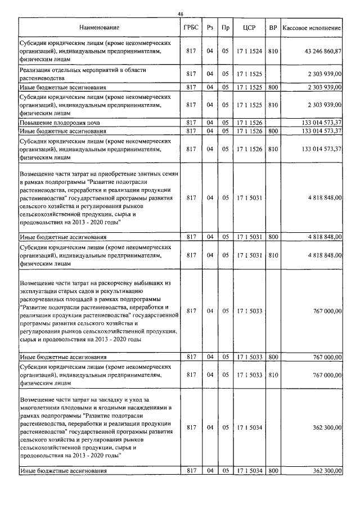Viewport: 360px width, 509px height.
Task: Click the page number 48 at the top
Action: (180, 13)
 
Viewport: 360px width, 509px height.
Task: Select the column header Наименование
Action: (99, 27)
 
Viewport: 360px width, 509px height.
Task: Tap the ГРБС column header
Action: (190, 27)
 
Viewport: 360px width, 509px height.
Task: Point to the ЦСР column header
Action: (249, 27)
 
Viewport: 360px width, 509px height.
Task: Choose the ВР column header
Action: (273, 27)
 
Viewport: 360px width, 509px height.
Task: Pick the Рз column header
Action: (210, 27)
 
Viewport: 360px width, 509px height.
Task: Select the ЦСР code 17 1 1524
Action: (249, 51)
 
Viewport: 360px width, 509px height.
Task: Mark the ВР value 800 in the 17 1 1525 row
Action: (273, 87)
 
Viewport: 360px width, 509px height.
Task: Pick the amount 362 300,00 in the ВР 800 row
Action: (326, 471)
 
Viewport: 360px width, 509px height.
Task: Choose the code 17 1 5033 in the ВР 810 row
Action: (249, 375)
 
